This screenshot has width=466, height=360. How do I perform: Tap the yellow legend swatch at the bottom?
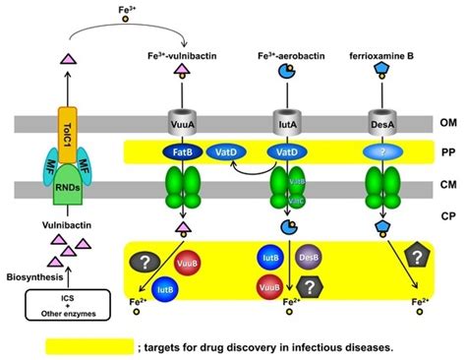tap(87, 346)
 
